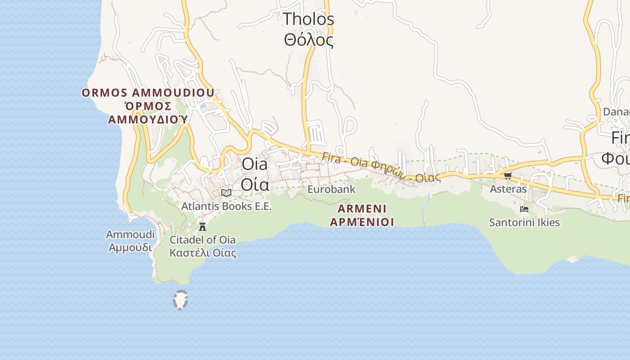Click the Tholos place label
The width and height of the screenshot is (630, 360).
(309, 19)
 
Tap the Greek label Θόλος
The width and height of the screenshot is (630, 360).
(309, 40)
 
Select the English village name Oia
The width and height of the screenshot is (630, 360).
(255, 164)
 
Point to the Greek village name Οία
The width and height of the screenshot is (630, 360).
(255, 184)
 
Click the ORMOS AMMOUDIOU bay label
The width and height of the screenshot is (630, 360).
(148, 93)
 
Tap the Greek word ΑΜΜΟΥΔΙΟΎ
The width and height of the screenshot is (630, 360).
(148, 120)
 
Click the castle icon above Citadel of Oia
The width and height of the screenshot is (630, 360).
(202, 226)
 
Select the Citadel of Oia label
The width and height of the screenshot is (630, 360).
(202, 239)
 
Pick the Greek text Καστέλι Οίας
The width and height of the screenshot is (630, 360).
(202, 252)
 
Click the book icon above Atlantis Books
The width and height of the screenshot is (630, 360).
(226, 193)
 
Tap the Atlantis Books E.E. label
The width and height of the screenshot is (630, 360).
(226, 207)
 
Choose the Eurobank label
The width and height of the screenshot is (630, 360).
(331, 189)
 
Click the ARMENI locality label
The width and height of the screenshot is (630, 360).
(362, 209)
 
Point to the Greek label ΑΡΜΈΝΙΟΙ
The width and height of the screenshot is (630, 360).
(362, 222)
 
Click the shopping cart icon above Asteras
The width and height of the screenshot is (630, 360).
(508, 175)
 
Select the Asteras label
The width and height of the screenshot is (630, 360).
(508, 189)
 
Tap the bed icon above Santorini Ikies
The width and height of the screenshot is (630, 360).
(524, 209)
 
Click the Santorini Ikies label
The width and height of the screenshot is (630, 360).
(524, 223)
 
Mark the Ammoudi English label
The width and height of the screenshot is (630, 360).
(130, 234)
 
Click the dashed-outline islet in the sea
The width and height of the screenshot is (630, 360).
(180, 300)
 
